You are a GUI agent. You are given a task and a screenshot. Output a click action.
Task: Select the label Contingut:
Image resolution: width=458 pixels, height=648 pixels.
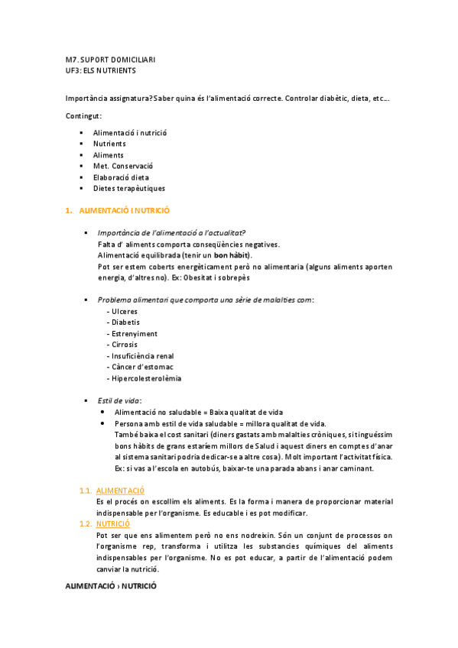[x=84, y=115]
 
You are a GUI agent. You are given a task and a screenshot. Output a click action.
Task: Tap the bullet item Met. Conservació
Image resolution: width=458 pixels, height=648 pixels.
[x=123, y=166]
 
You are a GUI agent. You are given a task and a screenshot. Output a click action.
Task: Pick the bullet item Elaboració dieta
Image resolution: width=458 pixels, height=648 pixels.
[x=121, y=177]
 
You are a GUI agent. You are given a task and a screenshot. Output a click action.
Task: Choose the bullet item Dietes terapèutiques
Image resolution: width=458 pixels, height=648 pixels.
[x=129, y=188]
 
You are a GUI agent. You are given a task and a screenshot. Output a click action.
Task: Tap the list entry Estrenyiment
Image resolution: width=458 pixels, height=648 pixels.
[x=134, y=334]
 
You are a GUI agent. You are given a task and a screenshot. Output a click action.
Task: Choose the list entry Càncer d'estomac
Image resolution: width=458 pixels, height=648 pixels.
[x=140, y=367]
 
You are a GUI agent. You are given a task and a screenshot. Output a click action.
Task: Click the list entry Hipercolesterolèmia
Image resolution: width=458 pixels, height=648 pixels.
[x=146, y=378]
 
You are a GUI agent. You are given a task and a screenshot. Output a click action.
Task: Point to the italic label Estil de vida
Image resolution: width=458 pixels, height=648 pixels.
[x=119, y=400]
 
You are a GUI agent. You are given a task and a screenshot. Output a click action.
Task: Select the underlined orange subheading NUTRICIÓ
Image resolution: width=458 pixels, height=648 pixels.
[x=113, y=524]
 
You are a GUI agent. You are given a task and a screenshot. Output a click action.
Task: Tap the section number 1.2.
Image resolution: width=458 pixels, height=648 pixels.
[x=86, y=524]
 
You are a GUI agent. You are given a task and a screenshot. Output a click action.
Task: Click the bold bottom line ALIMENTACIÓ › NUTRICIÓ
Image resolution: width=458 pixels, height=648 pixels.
[x=111, y=585]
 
